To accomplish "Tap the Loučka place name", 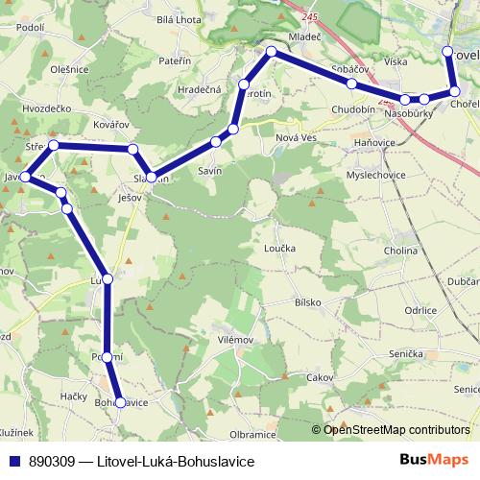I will coord(278,247).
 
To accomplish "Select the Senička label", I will coord(405,354).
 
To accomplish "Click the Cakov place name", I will coord(319,377).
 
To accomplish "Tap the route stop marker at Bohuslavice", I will coord(120,403).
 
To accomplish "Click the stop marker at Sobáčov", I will coord(352,84).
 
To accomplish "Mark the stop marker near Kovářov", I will coord(133,149).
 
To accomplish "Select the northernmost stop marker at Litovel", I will coord(447,52).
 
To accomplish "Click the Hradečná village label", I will coord(200,88).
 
